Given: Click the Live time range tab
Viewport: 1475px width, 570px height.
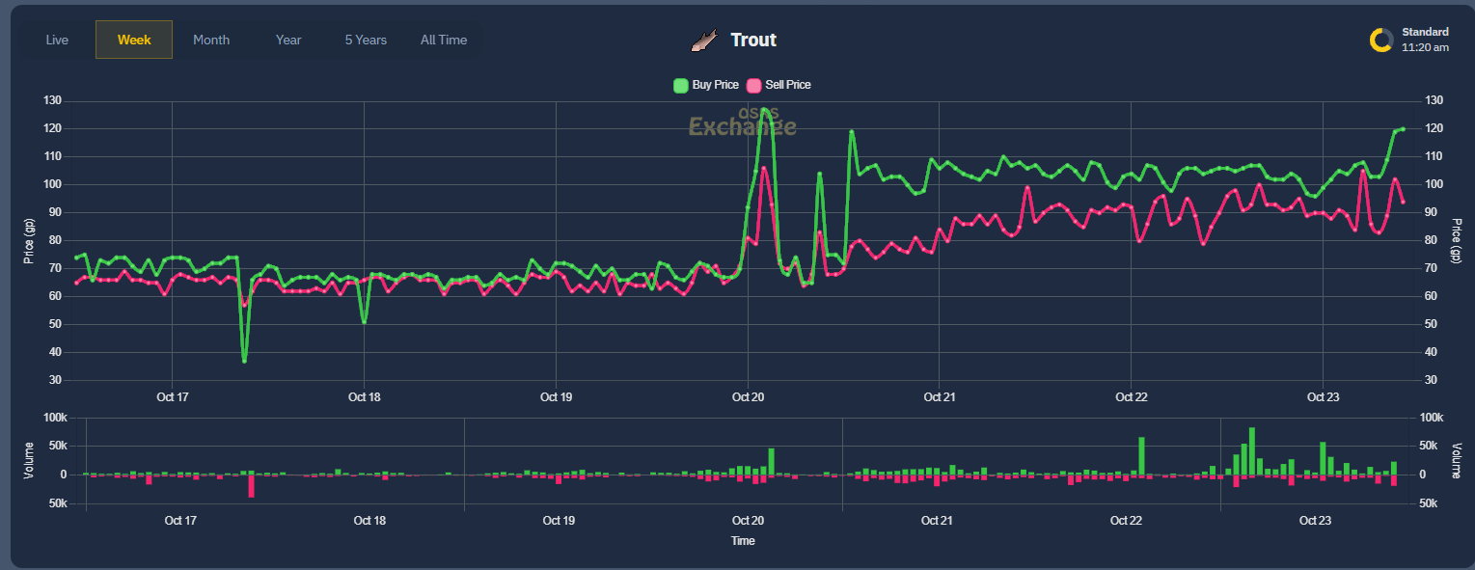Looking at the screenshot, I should point(57,40).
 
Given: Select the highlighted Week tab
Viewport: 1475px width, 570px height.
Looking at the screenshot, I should point(134,40).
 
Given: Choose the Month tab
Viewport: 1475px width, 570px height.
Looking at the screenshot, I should point(211,40).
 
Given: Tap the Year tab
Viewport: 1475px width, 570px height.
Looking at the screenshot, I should point(288,40).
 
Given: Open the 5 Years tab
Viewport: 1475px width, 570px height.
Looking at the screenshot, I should point(366,40).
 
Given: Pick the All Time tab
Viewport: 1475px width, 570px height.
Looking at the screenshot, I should point(444,40).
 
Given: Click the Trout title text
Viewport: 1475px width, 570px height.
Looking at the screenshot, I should point(753,40).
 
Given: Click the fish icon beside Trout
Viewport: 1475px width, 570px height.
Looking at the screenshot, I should point(704,40).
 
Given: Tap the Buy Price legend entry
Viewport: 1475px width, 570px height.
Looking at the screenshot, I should point(706,85).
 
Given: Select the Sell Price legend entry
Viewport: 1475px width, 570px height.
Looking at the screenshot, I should point(779,85).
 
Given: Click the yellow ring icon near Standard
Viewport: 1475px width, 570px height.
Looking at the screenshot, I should point(1381,40).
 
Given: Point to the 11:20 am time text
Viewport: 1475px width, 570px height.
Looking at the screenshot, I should point(1425,47).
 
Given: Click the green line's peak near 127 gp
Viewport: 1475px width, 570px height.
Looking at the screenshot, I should point(763,110).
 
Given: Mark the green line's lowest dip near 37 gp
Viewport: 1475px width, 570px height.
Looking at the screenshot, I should point(244,360).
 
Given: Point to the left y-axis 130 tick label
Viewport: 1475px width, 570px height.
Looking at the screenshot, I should point(52,101).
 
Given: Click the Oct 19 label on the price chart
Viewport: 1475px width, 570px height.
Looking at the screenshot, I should point(556,396).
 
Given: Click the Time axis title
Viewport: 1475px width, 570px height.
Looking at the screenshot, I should point(743,541).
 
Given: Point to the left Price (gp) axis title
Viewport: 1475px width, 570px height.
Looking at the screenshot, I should point(29,240).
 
